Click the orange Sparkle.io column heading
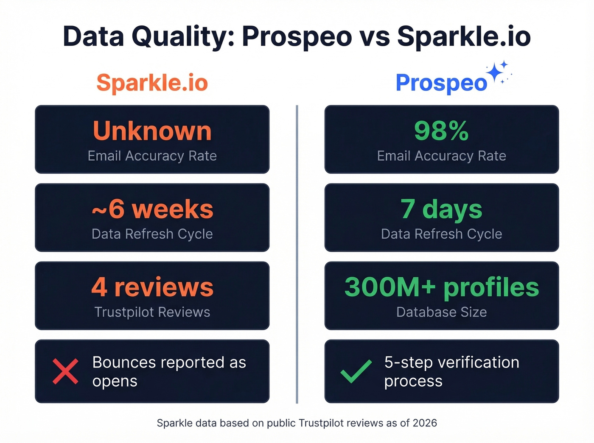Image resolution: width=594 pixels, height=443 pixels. pos(152,82)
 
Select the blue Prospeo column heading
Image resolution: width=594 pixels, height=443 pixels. pos(441,82)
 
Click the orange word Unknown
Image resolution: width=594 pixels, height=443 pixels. pos(152,131)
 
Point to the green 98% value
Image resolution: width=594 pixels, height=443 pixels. pos(441,131)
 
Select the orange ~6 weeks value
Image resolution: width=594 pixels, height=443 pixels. pos(152,209)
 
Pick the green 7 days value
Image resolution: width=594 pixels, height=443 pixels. pos(441,209)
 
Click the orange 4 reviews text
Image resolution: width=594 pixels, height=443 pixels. pos(152,287)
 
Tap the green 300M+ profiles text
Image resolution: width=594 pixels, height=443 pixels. pos(441,287)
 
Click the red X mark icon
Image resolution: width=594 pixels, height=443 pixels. pos(65,371)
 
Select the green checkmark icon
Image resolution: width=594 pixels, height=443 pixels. pos(356,371)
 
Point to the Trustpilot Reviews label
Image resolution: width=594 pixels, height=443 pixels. pos(152,312)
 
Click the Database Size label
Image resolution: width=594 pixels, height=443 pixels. pos(441,312)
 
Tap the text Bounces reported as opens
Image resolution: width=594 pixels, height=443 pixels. pos(169,371)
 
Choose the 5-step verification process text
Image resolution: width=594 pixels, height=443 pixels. pos(451,371)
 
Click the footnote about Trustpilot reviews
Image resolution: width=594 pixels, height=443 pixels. pos(297,423)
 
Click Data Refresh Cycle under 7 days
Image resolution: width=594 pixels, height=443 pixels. pos(441,234)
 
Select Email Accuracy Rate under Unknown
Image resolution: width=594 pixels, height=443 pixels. pos(152,156)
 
